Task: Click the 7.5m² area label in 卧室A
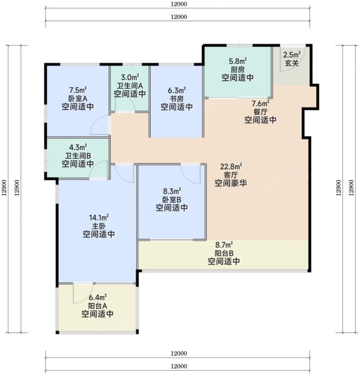pos(78,91)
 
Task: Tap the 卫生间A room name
pos(129,86)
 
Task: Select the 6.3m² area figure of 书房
pos(177,91)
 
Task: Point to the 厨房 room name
pos(237,69)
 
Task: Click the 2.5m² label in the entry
pos(292,55)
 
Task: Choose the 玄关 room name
pos(292,63)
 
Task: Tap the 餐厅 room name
pos(261,112)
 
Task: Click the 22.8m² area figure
pos(231,166)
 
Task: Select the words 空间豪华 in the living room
pos(231,183)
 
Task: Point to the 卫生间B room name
pos(78,156)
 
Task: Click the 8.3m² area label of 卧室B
pos(172,191)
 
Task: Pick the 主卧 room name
pos(99,226)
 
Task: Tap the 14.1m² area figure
pos(99,218)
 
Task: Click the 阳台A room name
pos(97,306)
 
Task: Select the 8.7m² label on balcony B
pos(224,245)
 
